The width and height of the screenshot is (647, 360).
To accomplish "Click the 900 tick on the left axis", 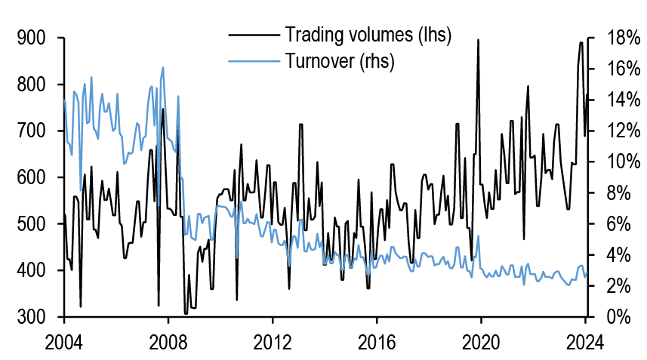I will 29,38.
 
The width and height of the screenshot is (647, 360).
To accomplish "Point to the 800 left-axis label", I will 29,85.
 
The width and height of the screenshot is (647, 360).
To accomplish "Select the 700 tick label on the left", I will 29,131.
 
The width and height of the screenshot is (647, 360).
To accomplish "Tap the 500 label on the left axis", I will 29,224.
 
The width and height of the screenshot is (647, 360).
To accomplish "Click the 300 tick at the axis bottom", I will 29,317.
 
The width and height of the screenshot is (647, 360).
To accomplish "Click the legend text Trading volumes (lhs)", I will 367,35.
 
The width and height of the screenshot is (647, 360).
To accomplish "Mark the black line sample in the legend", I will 251,35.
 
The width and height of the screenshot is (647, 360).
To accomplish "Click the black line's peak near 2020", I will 478,41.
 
